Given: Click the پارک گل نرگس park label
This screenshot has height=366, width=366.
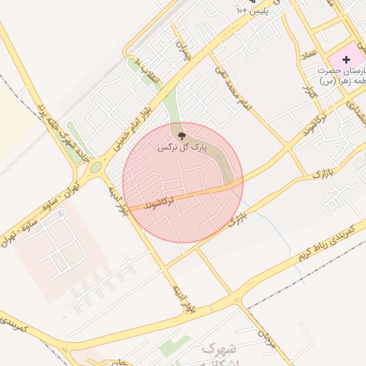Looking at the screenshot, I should pos(183,147).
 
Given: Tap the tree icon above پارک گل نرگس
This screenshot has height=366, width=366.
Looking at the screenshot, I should pos(182,134).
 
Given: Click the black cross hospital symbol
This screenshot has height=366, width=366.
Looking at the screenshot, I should pos(347,60).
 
